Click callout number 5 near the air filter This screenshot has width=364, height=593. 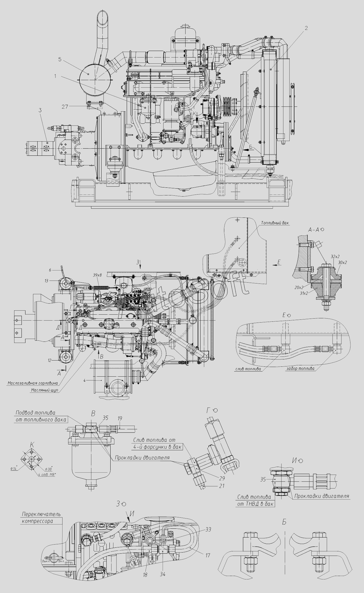(60, 59)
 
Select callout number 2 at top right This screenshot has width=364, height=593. (306, 28)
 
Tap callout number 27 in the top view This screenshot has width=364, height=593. (65, 106)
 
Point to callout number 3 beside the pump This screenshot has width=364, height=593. (40, 110)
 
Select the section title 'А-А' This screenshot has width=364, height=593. (313, 230)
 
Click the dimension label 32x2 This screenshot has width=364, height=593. (335, 256)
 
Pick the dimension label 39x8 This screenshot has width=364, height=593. (97, 275)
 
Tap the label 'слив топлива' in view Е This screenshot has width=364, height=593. (248, 369)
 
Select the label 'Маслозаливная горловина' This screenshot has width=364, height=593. (33, 383)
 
